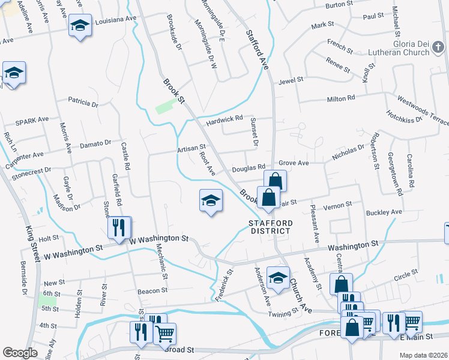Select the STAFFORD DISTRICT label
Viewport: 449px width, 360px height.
(x=271, y=227)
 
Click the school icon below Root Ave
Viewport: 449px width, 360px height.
(x=211, y=200)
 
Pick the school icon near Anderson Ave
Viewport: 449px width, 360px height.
(x=278, y=278)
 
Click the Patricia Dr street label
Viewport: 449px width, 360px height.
(x=82, y=103)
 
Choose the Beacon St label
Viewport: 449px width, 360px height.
(x=152, y=291)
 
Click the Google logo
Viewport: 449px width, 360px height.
(x=20, y=353)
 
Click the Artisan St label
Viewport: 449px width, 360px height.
(x=191, y=147)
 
